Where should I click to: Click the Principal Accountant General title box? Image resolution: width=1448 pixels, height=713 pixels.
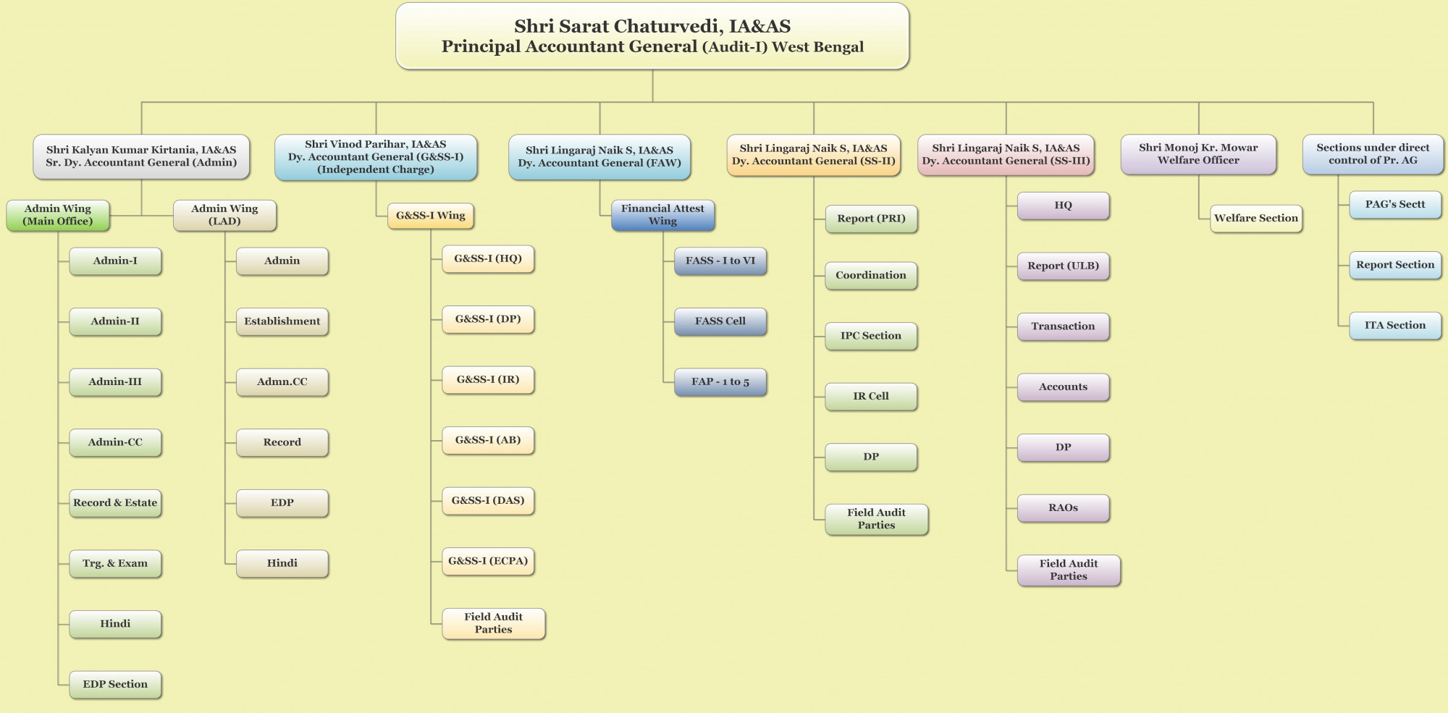(x=652, y=36)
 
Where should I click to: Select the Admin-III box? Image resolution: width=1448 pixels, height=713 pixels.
(x=115, y=382)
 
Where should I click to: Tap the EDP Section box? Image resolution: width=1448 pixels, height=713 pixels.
(x=115, y=684)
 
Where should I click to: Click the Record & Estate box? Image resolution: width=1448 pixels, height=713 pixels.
(x=115, y=503)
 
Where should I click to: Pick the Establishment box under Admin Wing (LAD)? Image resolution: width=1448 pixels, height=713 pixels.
(x=282, y=321)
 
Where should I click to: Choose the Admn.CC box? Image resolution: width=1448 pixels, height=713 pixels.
(x=282, y=382)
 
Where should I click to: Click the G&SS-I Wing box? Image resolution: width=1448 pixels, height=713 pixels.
(x=430, y=216)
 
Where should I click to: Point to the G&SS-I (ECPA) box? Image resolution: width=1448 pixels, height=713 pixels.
(x=488, y=561)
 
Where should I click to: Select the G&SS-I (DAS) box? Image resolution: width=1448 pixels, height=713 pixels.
(x=488, y=500)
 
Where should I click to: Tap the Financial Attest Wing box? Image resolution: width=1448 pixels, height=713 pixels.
(x=662, y=215)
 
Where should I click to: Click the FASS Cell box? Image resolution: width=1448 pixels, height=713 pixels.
(x=720, y=321)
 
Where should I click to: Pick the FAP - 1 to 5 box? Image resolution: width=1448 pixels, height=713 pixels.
(x=720, y=382)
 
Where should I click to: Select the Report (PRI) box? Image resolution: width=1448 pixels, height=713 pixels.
(x=871, y=219)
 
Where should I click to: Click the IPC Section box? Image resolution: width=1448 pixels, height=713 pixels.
(x=871, y=336)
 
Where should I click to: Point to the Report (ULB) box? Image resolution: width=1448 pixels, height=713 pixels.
(x=1063, y=266)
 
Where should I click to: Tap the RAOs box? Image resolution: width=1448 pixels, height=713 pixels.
(x=1063, y=508)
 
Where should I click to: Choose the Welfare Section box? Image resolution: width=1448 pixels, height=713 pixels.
(x=1255, y=218)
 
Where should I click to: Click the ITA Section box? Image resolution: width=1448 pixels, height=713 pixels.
(x=1394, y=326)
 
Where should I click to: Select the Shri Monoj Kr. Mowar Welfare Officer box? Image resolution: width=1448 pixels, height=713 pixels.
(x=1198, y=154)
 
